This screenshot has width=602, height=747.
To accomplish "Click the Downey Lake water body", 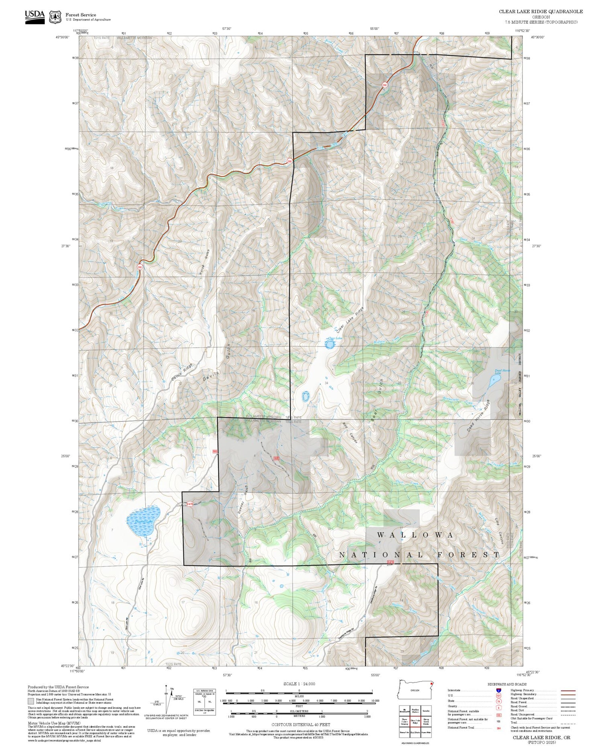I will pos(143,521).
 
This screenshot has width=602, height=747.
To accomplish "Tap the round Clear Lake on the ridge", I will pos(329,344).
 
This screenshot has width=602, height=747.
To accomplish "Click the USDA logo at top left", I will pos(35,17).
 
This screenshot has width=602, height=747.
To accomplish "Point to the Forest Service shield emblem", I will pos(55,17).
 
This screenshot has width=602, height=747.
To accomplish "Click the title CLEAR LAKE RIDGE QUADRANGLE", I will pos(541,12).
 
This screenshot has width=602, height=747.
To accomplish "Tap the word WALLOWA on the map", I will pos(416,535).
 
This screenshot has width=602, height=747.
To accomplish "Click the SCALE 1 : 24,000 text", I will pos(299,684).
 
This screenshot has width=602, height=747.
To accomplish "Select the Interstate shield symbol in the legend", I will pos(498,690).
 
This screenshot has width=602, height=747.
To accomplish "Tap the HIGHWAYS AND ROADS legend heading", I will pos(507,684).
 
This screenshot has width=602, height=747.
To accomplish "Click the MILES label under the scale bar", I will pos(299,696).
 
